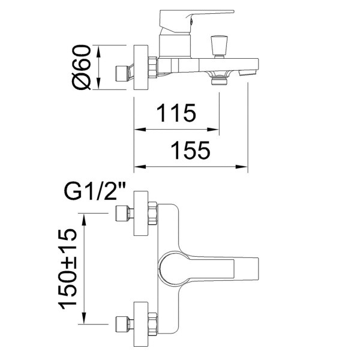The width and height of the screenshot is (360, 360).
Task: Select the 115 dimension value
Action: tap(176, 113)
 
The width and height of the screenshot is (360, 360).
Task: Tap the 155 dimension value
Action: tap(191, 150)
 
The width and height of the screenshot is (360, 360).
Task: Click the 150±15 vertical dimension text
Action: tap(70, 268)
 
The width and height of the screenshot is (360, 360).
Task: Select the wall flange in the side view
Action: tap(140, 67)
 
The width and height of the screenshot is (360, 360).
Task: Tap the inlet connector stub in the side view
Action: tap(122, 71)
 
